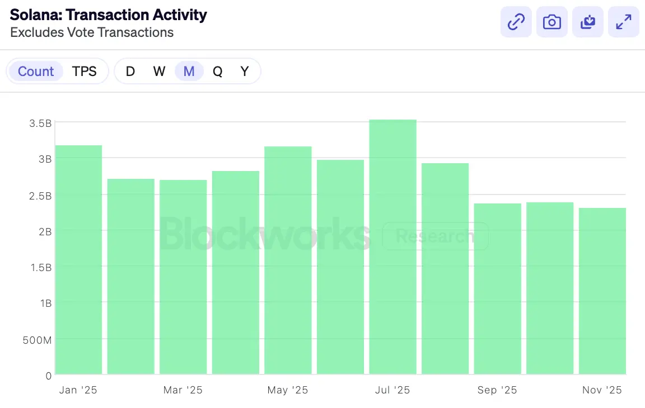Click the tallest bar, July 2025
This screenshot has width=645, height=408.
[x=392, y=246]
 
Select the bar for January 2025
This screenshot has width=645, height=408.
[x=78, y=259]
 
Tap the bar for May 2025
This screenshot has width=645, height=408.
[x=288, y=260]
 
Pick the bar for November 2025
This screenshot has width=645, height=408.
[x=602, y=291]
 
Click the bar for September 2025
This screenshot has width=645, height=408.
[x=497, y=288]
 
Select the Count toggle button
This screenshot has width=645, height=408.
[x=36, y=72]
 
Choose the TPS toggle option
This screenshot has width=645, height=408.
[x=84, y=72]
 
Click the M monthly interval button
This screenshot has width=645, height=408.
[x=189, y=72]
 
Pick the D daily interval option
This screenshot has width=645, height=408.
[x=130, y=72]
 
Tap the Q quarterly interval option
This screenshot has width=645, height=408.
[x=217, y=72]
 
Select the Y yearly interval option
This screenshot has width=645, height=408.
[x=245, y=72]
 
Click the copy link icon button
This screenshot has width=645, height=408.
[x=516, y=22]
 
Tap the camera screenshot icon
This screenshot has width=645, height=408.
[x=551, y=22]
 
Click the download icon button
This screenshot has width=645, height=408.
[x=587, y=22]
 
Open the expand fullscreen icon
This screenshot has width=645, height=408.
[x=623, y=22]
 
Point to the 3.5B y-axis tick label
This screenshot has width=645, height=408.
[x=40, y=124]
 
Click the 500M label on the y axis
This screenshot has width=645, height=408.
[x=37, y=340]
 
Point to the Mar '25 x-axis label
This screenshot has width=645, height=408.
[x=183, y=390]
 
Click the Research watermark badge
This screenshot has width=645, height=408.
[x=435, y=236]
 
